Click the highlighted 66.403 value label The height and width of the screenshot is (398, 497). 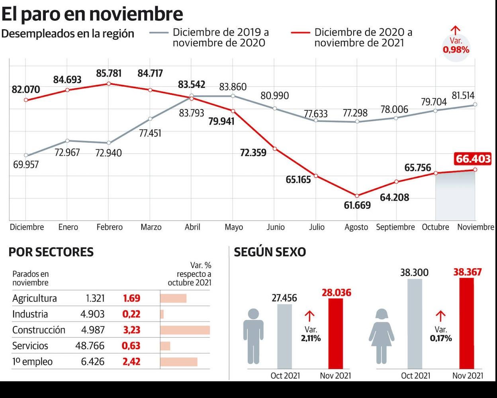[473, 159]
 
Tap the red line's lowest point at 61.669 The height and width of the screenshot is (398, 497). [357, 196]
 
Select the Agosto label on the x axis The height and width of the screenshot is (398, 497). [356, 227]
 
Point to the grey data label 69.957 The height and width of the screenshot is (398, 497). [26, 164]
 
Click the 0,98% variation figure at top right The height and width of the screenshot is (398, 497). [456, 50]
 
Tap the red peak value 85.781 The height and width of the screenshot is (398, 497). [109, 74]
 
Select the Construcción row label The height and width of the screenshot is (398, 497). [39, 330]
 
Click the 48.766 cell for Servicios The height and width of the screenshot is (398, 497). [90, 346]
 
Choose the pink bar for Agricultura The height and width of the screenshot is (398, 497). [173, 298]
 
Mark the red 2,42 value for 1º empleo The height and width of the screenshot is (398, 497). [131, 362]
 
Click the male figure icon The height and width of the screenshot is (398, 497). [253, 336]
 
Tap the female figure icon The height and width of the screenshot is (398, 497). [381, 336]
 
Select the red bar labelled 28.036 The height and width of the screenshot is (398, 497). [336, 334]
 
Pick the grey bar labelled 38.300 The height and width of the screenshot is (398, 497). [415, 324]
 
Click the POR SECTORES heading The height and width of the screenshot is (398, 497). [51, 252]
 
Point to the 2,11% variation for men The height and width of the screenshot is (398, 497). [311, 338]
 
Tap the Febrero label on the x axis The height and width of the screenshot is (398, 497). [110, 227]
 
